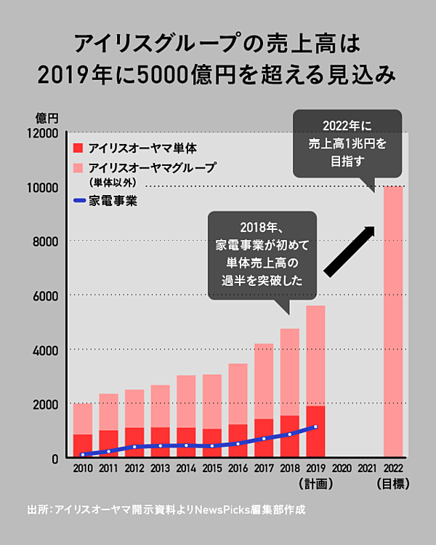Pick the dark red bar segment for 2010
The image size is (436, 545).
tap(83, 445)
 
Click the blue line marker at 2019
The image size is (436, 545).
tap(315, 426)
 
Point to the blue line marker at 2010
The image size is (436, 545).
tap(83, 455)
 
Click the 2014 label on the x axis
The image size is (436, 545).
tap(186, 469)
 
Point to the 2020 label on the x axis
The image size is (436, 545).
tap(341, 469)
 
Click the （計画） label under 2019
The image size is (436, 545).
tap(315, 483)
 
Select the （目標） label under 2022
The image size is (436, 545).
tap(393, 483)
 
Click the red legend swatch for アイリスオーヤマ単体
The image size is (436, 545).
tap(78, 148)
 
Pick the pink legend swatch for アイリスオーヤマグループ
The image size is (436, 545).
tap(78, 167)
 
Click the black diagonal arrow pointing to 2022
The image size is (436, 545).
tap(350, 251)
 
